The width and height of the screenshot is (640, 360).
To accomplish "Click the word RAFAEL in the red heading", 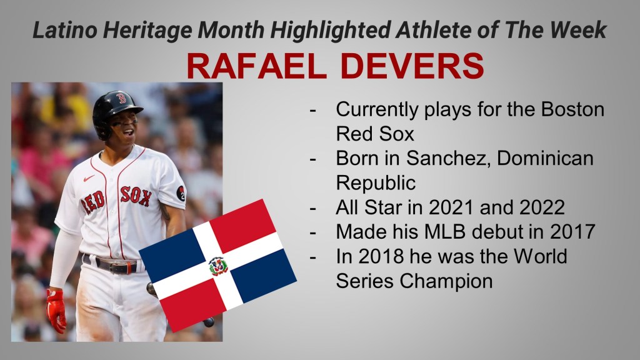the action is [x=257, y=66].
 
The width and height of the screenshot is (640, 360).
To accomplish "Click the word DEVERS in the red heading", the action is [x=412, y=66].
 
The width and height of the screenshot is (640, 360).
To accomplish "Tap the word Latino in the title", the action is [x=65, y=30].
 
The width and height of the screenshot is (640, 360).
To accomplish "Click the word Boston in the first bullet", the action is [x=572, y=109].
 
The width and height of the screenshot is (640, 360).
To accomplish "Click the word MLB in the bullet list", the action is [x=445, y=232].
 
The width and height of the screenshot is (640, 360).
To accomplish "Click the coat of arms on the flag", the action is [x=218, y=266].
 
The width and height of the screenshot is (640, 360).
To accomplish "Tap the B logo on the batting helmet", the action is [x=121, y=98].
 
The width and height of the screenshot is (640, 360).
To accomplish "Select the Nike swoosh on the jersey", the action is [x=89, y=178].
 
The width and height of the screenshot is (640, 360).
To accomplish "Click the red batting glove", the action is [x=57, y=310].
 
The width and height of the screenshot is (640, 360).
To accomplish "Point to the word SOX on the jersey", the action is [x=136, y=196].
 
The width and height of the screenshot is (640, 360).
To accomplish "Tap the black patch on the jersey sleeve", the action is [x=181, y=193].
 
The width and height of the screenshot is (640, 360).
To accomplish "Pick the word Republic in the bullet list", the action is [x=376, y=183].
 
